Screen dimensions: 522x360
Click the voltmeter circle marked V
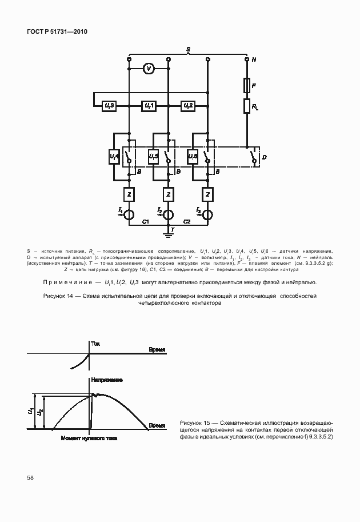(149, 69)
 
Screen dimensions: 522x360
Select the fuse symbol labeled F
(247, 86)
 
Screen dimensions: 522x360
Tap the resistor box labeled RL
(247, 106)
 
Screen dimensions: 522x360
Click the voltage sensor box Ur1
(149, 106)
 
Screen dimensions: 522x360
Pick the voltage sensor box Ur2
(187, 106)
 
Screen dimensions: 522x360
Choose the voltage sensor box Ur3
(110, 106)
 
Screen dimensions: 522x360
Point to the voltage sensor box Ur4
(114, 156)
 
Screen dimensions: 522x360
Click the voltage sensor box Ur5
(153, 156)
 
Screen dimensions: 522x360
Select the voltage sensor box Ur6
(192, 156)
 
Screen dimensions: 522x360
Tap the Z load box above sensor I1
(129, 194)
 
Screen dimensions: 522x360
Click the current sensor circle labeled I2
(169, 214)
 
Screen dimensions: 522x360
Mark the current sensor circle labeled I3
(207, 214)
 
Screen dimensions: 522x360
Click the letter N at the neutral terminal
(254, 59)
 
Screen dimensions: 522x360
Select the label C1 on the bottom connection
(146, 221)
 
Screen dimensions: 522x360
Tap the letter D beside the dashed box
(263, 156)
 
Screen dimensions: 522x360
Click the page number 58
(29, 476)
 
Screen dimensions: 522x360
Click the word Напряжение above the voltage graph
(106, 380)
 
